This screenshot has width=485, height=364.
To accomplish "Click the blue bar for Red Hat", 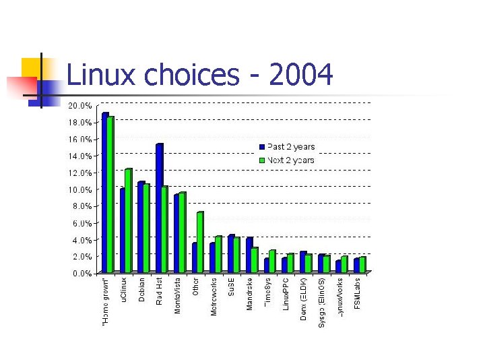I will (x=159, y=209).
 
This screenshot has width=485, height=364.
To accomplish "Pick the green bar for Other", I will (x=199, y=243).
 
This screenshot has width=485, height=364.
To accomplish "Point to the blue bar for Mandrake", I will (x=249, y=255).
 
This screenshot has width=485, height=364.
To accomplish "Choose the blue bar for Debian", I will (x=141, y=228).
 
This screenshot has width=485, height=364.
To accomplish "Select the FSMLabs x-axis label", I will (x=358, y=293).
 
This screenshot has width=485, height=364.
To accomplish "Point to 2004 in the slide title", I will (x=300, y=75).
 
